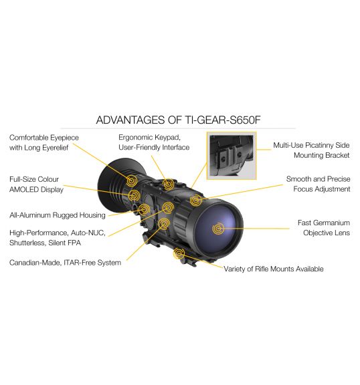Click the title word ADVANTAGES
130,120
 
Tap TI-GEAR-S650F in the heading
222,120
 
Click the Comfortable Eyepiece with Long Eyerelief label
44,142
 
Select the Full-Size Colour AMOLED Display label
36,184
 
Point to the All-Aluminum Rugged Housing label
58,215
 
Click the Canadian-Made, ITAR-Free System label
65,263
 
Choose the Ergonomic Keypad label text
149,137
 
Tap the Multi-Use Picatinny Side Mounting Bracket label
311,150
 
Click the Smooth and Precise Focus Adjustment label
319,184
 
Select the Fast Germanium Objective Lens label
324,228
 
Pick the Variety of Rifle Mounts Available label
273,269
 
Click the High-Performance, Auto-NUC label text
58,233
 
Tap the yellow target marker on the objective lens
218,229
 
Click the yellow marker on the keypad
168,184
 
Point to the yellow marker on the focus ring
196,201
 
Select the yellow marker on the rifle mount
179,253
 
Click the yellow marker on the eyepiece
132,181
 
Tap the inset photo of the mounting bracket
232,156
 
